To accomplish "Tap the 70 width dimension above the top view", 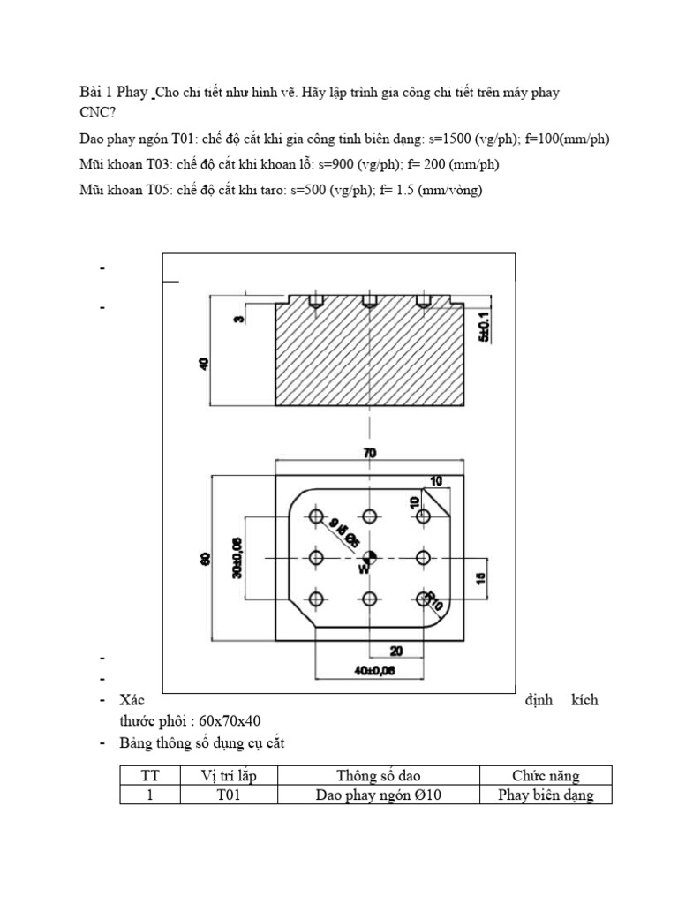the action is pos(369,453).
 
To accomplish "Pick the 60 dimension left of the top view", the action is pos(205,558).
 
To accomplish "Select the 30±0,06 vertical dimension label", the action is pos(237,558).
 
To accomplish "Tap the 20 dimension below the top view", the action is pos(395,651).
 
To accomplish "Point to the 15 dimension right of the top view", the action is pos(482,578).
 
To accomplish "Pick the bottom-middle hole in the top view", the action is pos(369,599).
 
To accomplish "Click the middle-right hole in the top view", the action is pos(422,558).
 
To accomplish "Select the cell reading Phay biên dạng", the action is pos(546,795).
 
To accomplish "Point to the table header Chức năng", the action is pos(546,776).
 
